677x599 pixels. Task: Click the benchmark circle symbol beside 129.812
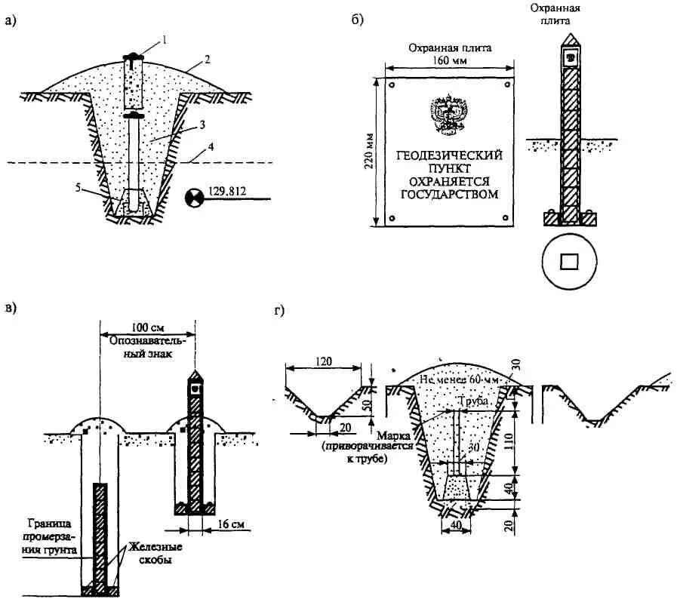pyautogui.click(x=194, y=198)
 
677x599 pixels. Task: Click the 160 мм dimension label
pyautogui.click(x=451, y=60)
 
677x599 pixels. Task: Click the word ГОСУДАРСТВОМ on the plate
pyautogui.click(x=451, y=194)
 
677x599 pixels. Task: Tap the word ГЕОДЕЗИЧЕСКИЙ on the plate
pyautogui.click(x=451, y=155)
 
